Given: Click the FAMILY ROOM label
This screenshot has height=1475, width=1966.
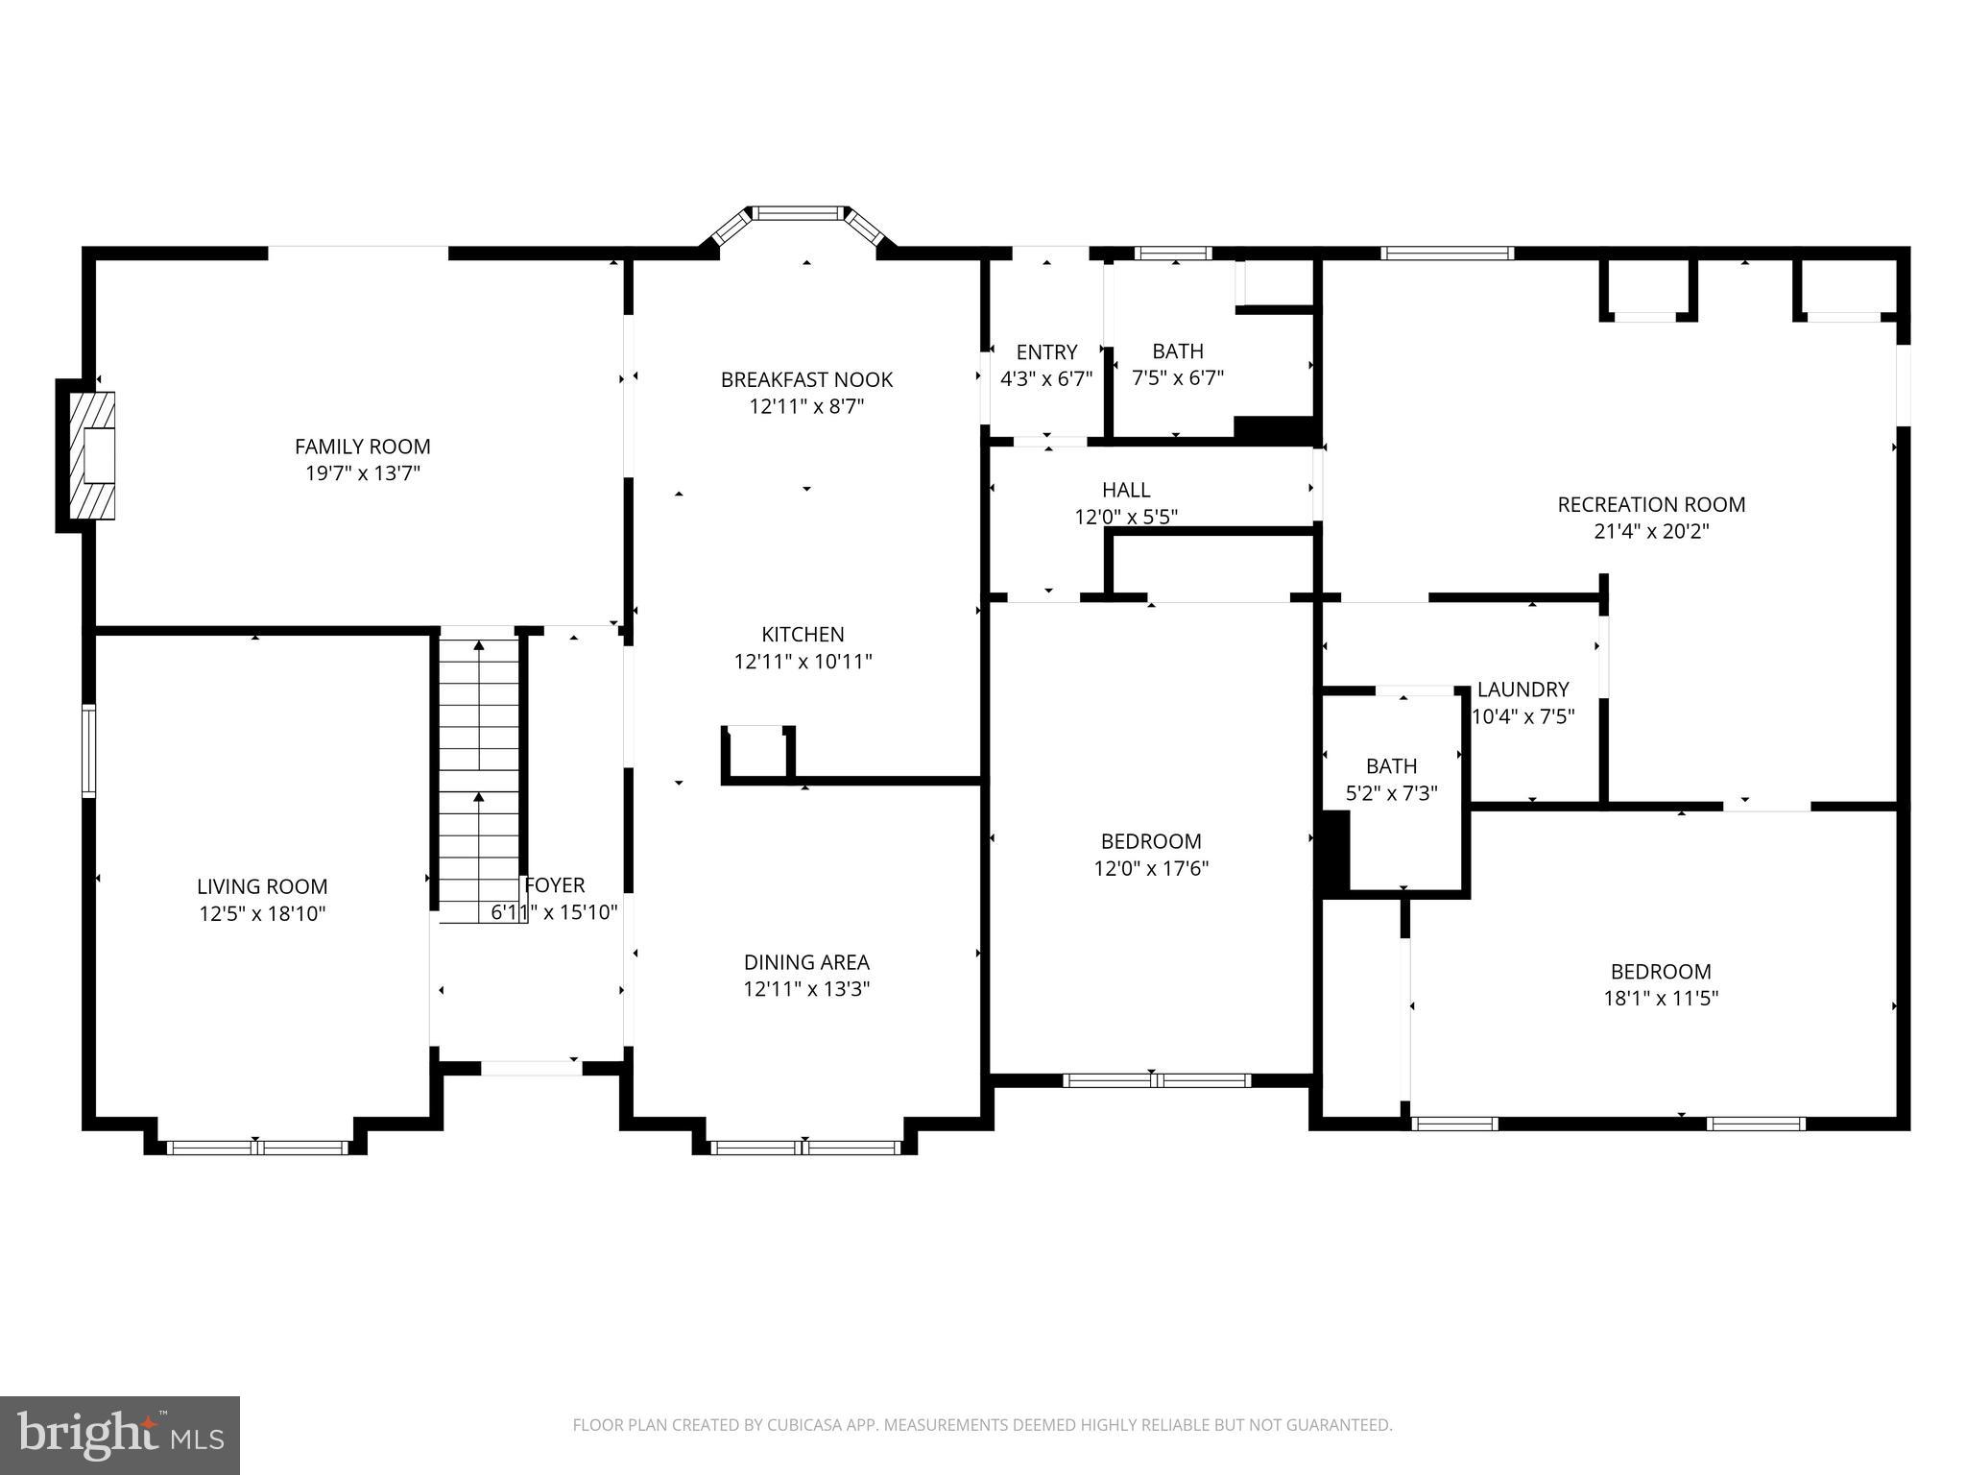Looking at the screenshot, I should [362, 447].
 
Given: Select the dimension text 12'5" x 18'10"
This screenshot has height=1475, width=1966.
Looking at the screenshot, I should [262, 913].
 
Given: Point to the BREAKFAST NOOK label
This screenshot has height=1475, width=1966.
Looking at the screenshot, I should [806, 380].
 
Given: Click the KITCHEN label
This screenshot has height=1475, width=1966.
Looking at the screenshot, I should [803, 635].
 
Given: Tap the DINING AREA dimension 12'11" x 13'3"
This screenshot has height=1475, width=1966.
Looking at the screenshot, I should [806, 989].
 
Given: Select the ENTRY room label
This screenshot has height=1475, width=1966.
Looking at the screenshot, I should [1046, 352].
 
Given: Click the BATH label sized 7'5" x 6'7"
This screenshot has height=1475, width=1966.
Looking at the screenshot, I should [1178, 351].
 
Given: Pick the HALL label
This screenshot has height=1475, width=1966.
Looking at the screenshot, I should [1126, 491].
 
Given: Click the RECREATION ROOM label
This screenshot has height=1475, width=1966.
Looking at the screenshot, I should [1651, 505].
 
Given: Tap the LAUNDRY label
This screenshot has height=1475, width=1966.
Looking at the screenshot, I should [1522, 689].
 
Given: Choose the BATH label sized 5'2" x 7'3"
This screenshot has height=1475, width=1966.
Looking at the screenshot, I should [1391, 766].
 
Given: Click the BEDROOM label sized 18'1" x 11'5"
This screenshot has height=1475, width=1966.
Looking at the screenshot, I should [1661, 972].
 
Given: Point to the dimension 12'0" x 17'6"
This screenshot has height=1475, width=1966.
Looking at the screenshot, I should [1151, 869].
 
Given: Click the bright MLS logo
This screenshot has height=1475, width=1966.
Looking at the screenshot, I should [120, 1436].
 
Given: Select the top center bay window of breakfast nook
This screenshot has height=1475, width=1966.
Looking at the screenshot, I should [799, 213].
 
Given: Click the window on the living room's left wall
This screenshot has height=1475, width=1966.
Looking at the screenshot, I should [88, 751].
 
